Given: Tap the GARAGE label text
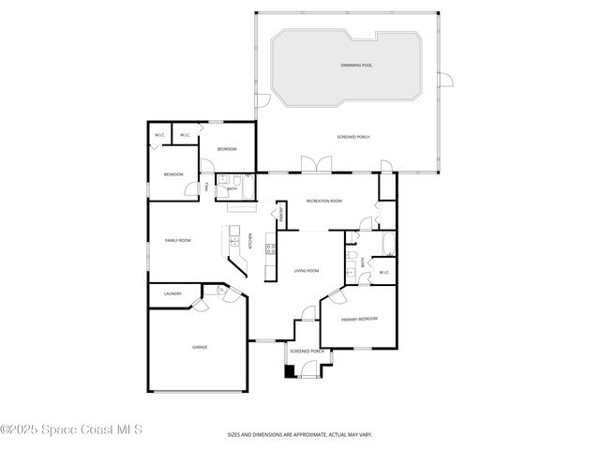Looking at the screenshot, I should click(x=200, y=347).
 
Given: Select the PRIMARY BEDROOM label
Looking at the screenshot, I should click(x=360, y=319).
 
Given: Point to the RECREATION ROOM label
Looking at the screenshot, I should click(x=324, y=201).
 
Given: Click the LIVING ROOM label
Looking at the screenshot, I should click(x=307, y=271).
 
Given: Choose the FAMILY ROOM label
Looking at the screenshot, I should click(x=178, y=241).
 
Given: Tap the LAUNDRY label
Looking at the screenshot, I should click(x=172, y=293).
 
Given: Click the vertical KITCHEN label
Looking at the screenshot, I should click(x=250, y=240).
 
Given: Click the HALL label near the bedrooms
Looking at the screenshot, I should click(x=206, y=187).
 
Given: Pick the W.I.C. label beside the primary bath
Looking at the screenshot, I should click(x=384, y=273).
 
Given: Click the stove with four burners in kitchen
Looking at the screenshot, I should click(x=270, y=249).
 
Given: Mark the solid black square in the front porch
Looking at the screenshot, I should click(x=289, y=369).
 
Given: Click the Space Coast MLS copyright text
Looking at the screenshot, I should click(x=71, y=430).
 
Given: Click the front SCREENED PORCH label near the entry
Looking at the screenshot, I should click(x=307, y=351).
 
